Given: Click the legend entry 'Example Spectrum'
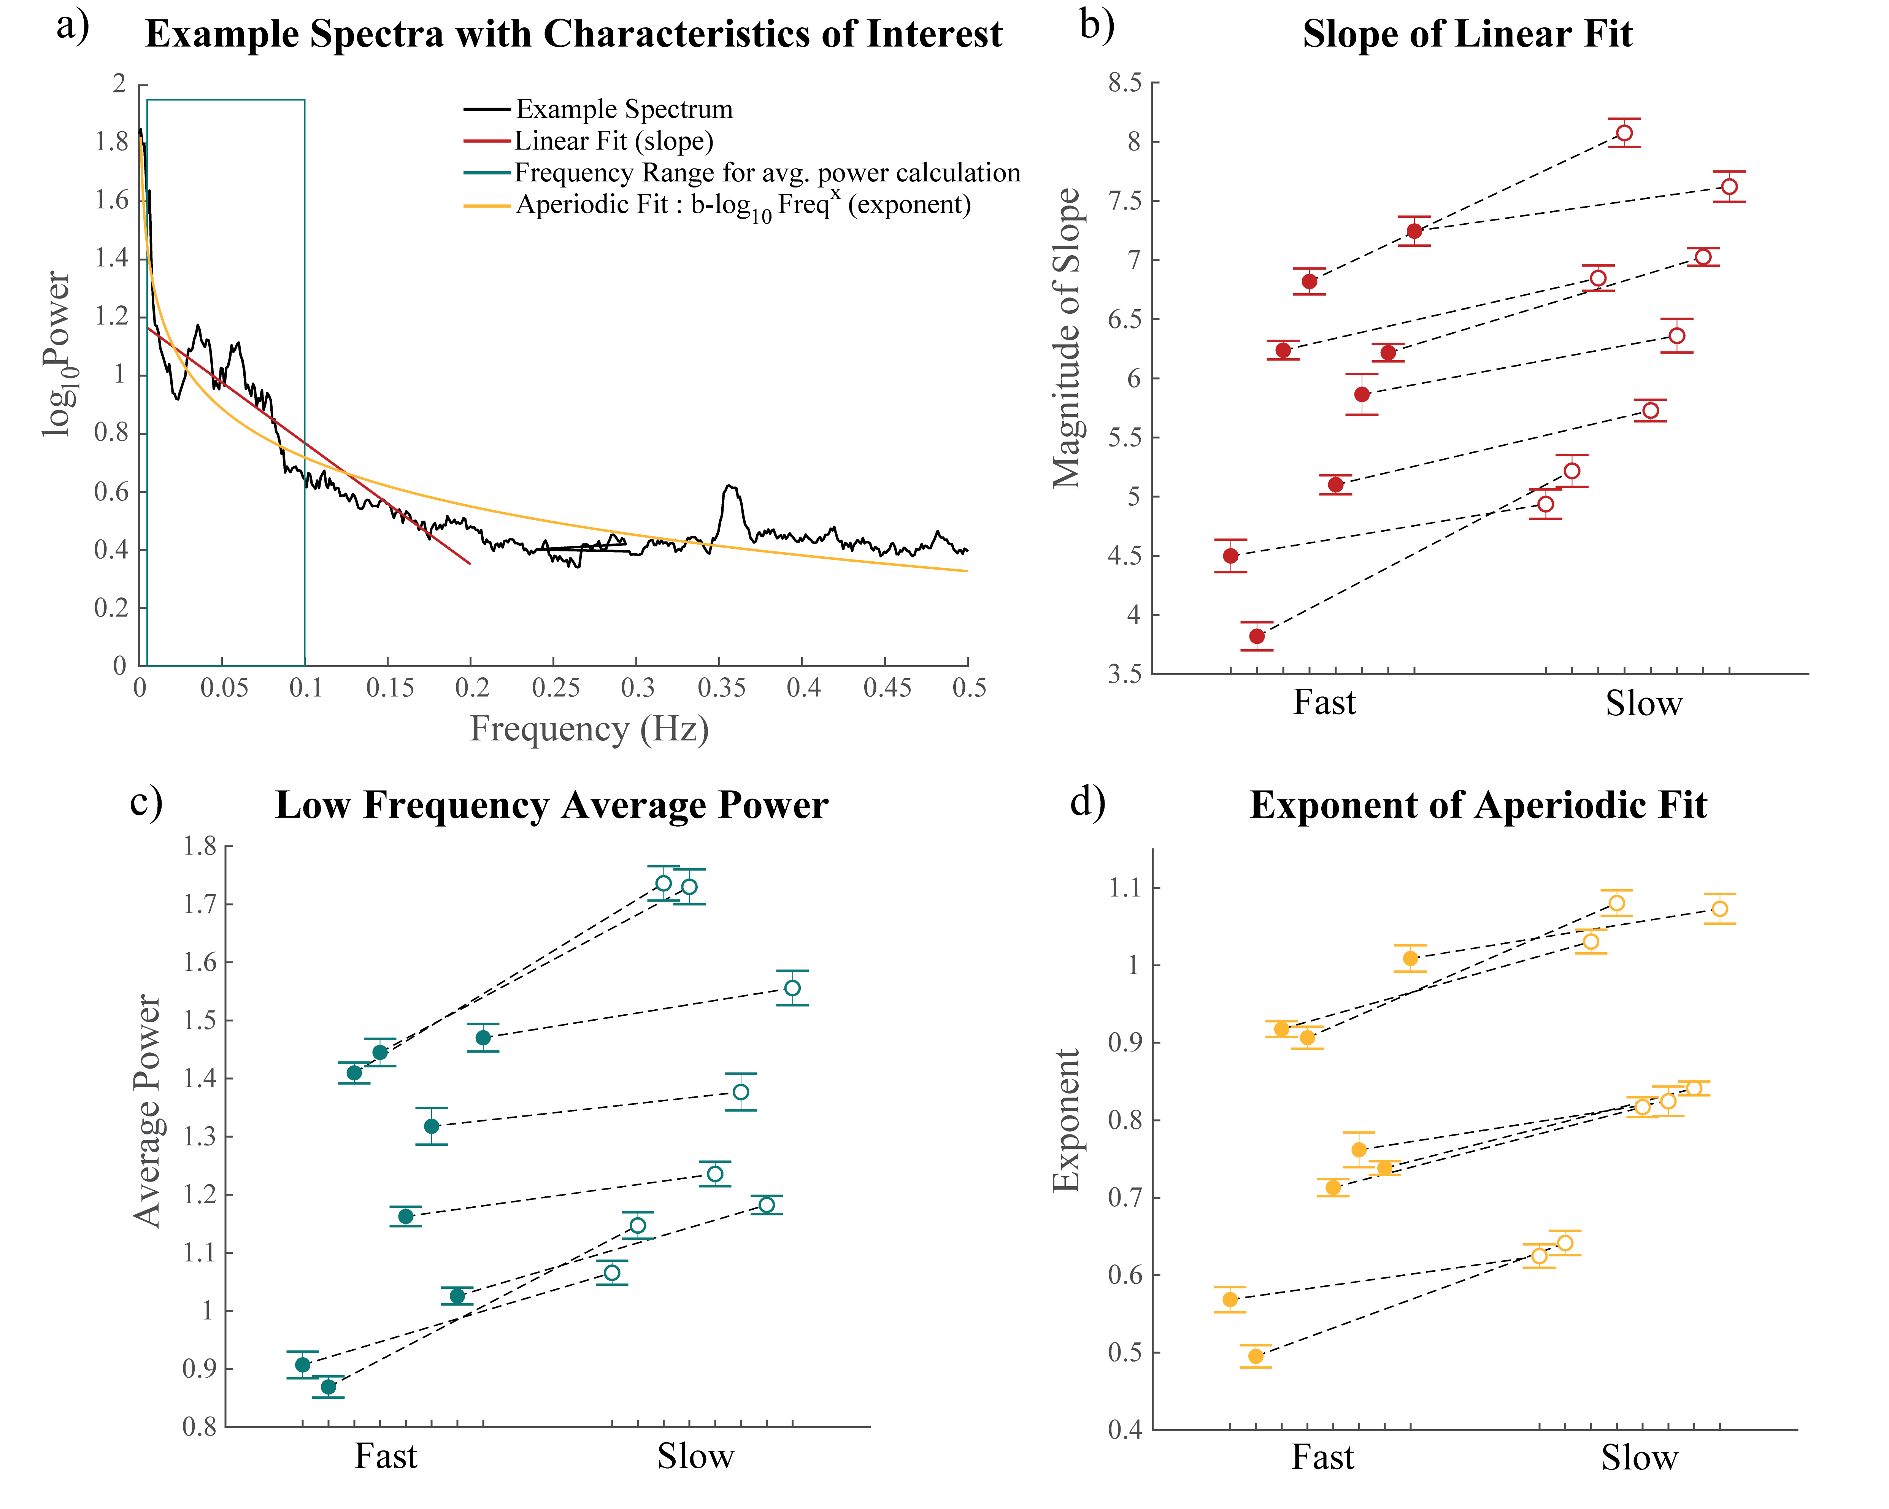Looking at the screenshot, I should click(x=624, y=110).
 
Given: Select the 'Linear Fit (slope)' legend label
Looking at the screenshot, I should click(x=613, y=141).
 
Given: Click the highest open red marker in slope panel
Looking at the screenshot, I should click(x=1624, y=133).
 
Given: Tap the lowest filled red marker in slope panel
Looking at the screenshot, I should click(x=1256, y=636).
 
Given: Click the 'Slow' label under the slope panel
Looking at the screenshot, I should click(x=1643, y=704).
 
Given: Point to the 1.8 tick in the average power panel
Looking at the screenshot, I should click(x=200, y=847).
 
